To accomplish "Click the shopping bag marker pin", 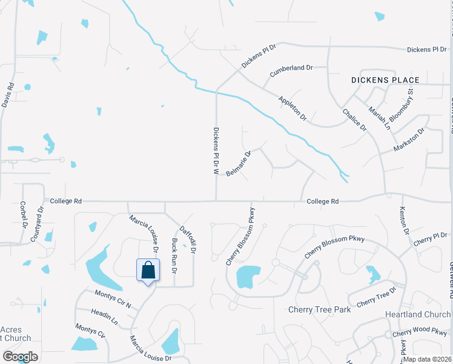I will pyautogui.click(x=148, y=271).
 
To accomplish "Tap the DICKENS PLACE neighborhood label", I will pyautogui.click(x=385, y=80).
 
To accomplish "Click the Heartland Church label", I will pyautogui.click(x=418, y=315).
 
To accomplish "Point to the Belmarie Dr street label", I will pyautogui.click(x=238, y=164).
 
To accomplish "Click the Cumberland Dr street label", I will pyautogui.click(x=291, y=69).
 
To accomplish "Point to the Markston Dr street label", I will pyautogui.click(x=409, y=140).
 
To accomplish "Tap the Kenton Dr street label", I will pyautogui.click(x=403, y=221).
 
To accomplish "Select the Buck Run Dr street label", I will pyautogui.click(x=174, y=254).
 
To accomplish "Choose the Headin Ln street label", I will pyautogui.click(x=105, y=316).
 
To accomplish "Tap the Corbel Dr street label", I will pyautogui.click(x=24, y=214).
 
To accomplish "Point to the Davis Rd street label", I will pyautogui.click(x=7, y=95).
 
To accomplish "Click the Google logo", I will pyautogui.click(x=19, y=357).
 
